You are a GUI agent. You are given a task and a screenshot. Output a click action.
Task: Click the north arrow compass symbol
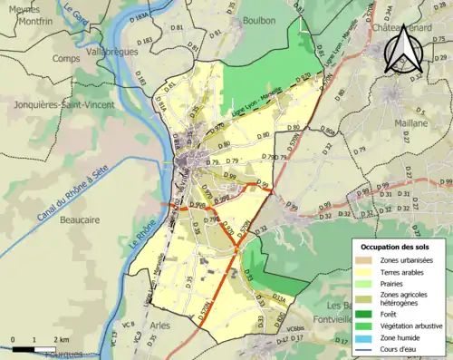[402, 51]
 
